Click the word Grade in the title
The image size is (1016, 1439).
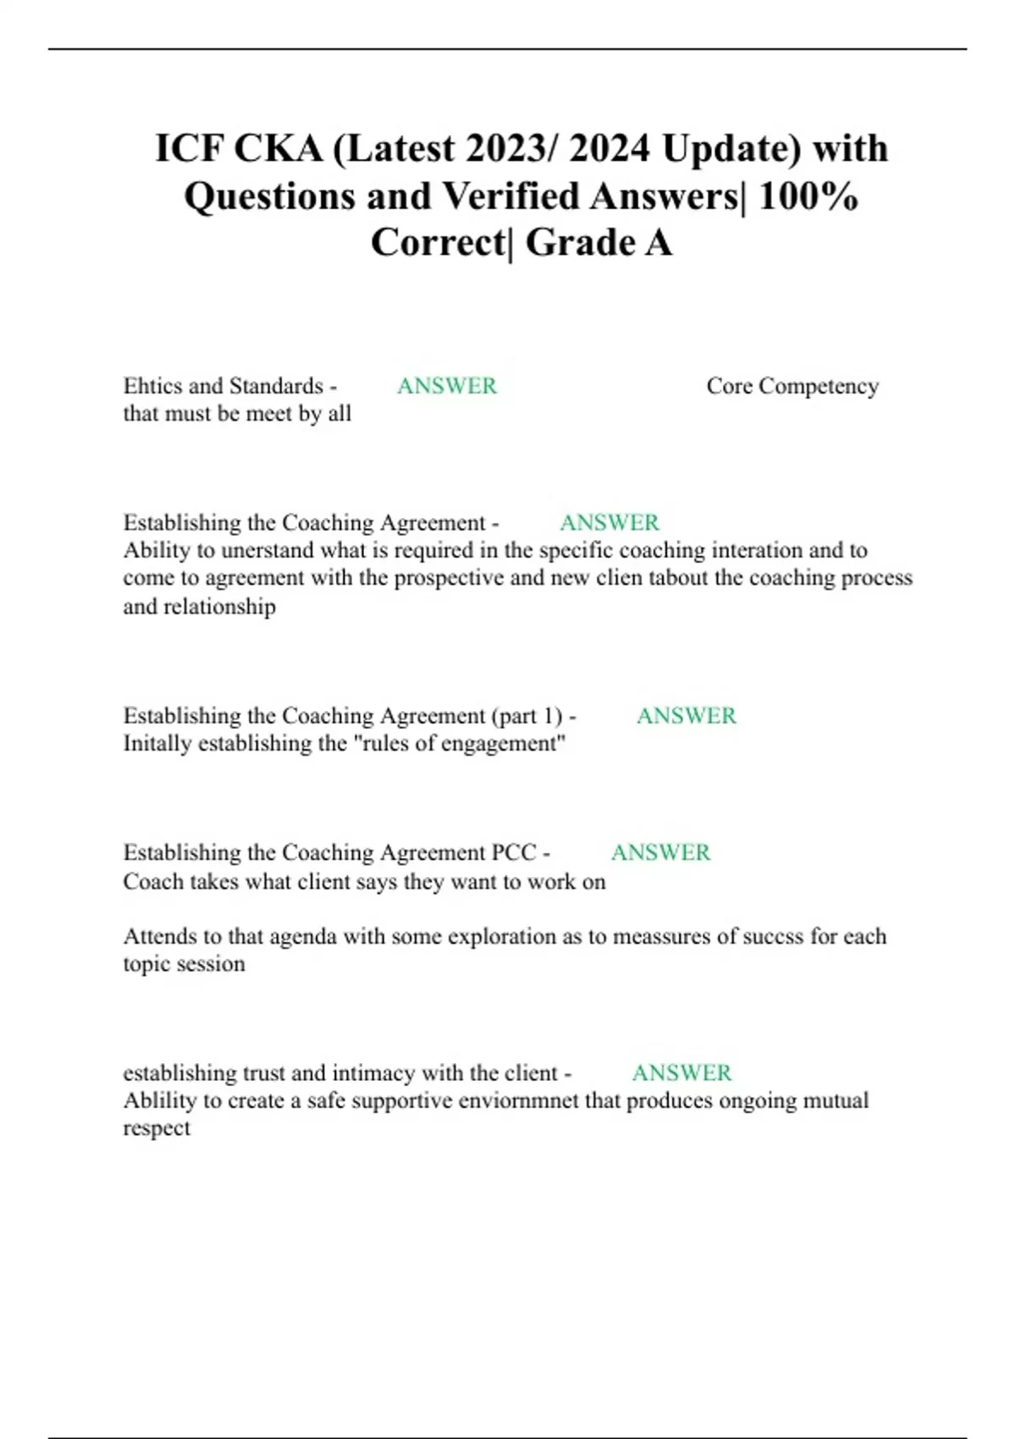point(580,243)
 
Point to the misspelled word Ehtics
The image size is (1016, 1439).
point(153,386)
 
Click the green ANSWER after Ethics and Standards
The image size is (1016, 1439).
point(447,386)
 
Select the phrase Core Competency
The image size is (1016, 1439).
point(792,386)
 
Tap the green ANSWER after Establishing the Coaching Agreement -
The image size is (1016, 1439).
point(610,522)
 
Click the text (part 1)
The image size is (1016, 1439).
point(527,716)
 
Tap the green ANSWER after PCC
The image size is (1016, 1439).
point(660,852)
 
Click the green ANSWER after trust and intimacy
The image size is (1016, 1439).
point(682,1073)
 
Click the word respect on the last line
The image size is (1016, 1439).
point(157,1128)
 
